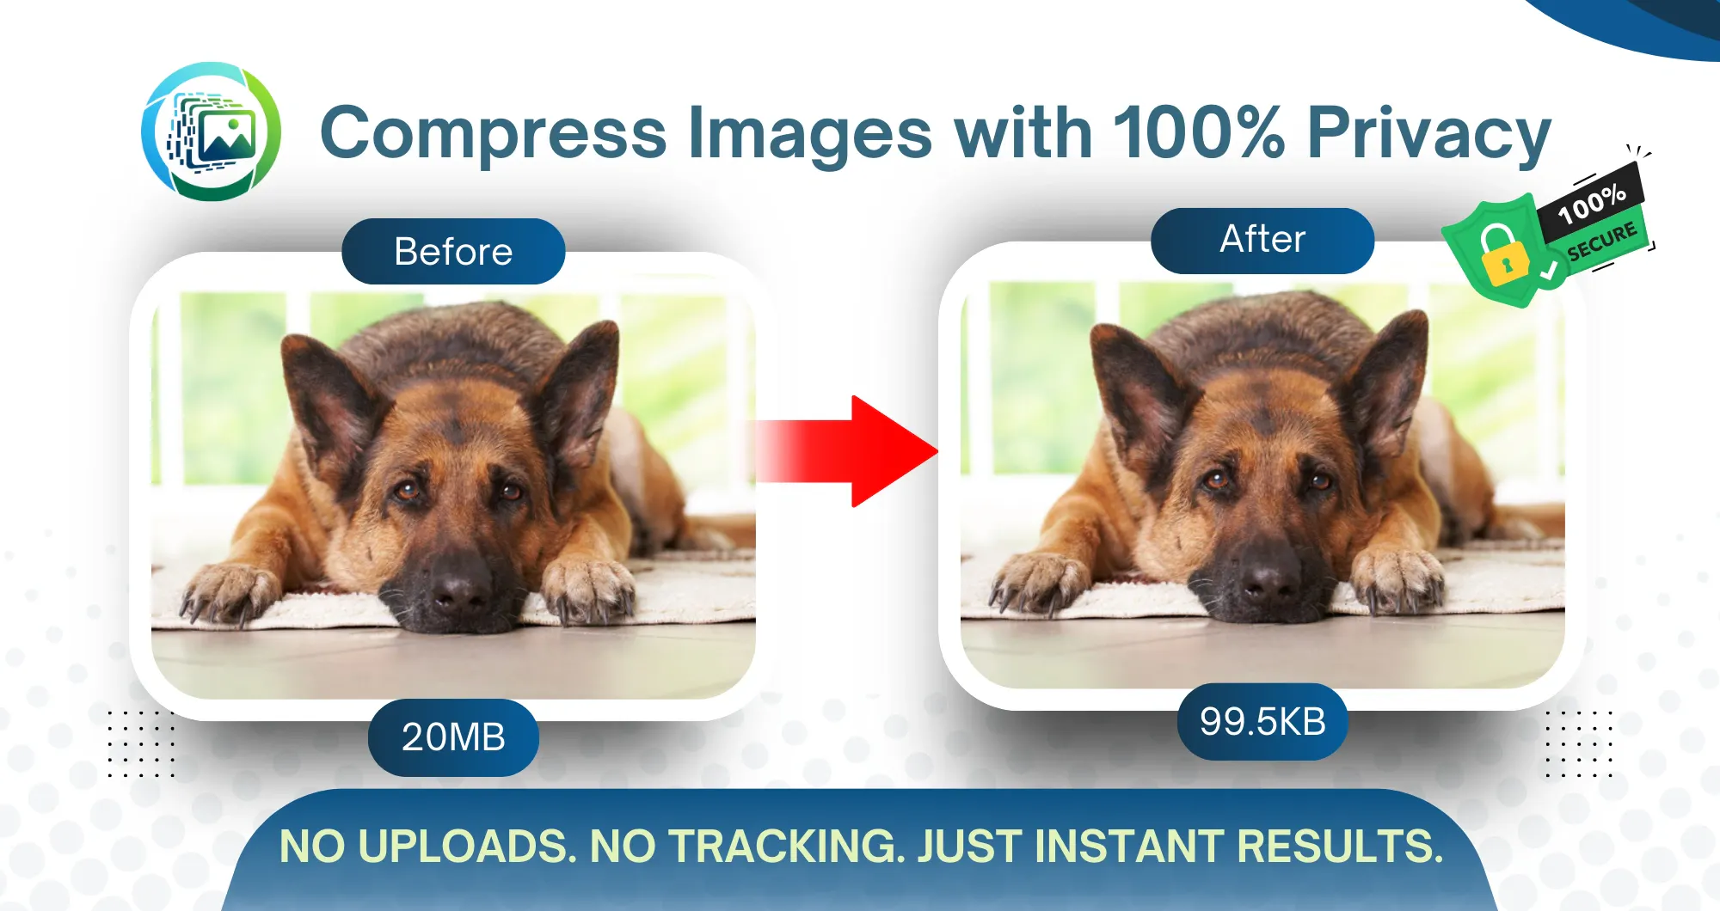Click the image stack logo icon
pos(211,131)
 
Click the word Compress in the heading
pos(494,134)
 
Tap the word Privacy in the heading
pos(1429,134)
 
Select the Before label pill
pos(453,251)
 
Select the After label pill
pos(1262,240)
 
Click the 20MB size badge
pos(453,737)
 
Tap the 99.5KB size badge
pos(1262,722)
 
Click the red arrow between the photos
pos(847,451)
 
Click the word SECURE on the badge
pos(1601,242)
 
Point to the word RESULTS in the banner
pos(1340,847)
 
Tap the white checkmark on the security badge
pos(1549,272)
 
